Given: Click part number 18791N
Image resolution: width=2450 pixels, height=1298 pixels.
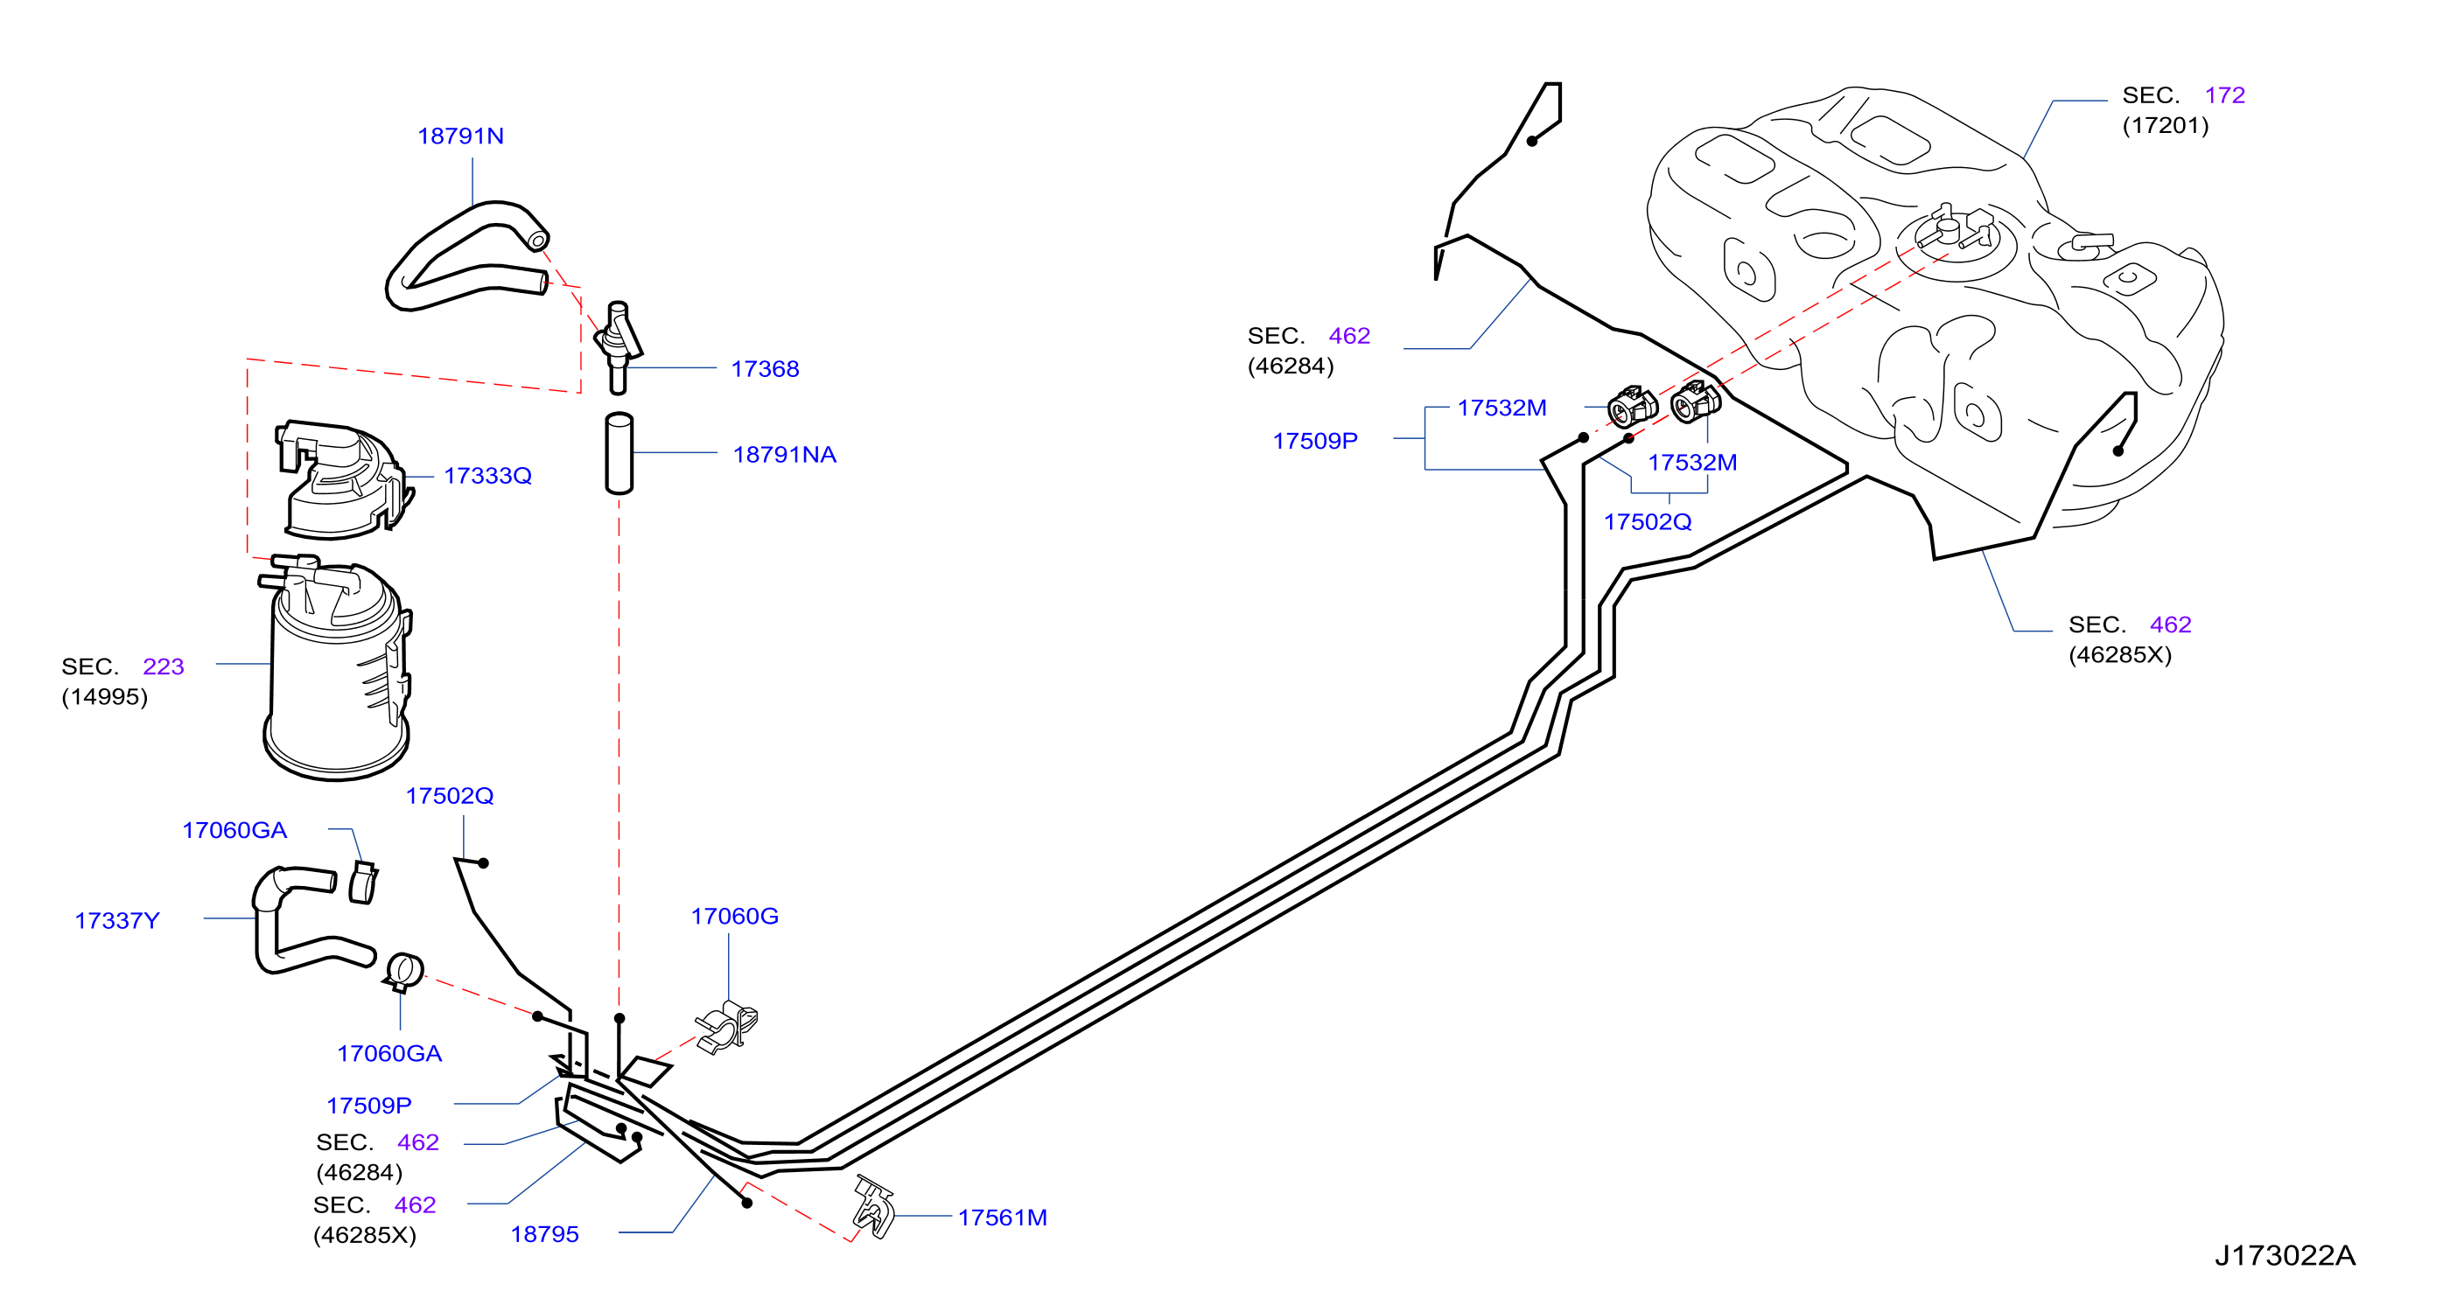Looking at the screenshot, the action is (460, 136).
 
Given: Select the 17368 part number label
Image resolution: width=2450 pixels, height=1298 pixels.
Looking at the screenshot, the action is (765, 369).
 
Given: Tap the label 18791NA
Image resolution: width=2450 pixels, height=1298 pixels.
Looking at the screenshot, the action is (785, 455).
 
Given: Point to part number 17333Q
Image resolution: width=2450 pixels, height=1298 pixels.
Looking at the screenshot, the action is (488, 476).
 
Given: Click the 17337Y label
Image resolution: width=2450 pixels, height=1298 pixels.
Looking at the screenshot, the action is (117, 920).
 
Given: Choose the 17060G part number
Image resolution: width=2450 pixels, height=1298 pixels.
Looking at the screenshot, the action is (734, 916).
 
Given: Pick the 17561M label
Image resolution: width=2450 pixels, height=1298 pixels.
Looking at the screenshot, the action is (1003, 1218).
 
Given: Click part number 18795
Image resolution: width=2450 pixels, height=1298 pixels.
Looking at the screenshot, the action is (544, 1234).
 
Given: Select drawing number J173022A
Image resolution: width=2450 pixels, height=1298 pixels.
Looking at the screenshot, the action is (2285, 1255).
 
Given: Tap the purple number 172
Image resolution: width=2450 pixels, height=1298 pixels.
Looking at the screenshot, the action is (2224, 95).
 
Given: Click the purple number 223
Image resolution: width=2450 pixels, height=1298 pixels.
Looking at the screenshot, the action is (163, 666).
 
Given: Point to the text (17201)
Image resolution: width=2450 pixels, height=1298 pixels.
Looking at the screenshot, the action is (2166, 126).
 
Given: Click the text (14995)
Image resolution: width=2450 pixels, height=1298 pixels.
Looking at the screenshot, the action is (105, 697).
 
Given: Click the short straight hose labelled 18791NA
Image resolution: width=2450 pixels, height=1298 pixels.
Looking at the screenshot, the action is (619, 454).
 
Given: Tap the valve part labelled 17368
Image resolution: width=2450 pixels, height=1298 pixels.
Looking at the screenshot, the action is (619, 346).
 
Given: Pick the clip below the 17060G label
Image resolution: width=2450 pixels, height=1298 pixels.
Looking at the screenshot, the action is (728, 1027).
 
